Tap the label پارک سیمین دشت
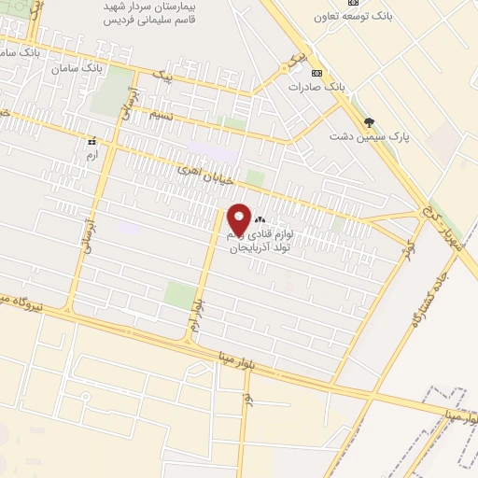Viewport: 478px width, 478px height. point(368,136)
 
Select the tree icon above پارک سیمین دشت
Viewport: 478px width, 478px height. point(371,121)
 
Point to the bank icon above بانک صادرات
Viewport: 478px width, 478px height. point(317,73)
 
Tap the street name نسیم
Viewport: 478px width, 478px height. point(160,115)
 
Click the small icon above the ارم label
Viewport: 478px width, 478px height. point(91,141)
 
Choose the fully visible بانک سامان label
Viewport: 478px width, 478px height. point(77,68)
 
